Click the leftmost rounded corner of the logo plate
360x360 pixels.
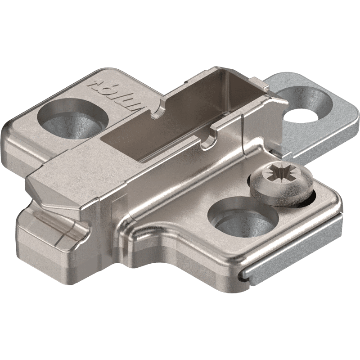coord(9,135)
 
